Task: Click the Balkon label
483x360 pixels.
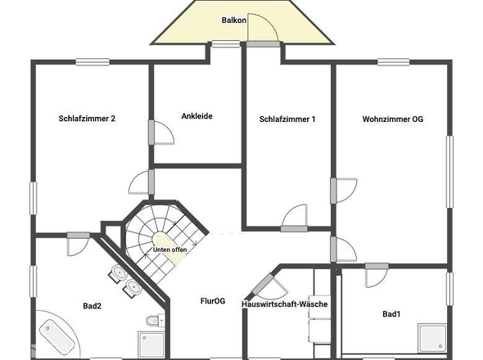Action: (234, 20)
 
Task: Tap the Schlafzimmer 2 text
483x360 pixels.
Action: (87, 119)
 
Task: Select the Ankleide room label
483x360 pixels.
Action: (196, 116)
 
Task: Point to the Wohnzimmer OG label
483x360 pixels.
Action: (393, 119)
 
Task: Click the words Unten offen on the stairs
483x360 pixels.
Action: (169, 250)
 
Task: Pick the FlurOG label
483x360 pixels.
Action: (213, 301)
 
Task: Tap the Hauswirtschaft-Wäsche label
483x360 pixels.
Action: (284, 304)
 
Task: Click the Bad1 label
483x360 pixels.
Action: (391, 314)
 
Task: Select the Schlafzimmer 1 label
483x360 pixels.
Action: (287, 119)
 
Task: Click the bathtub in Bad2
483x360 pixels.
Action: (57, 336)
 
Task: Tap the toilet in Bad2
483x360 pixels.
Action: (156, 320)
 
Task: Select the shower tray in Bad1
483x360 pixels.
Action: (432, 338)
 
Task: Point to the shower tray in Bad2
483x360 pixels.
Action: (151, 344)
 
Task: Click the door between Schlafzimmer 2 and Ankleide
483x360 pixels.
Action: (160, 133)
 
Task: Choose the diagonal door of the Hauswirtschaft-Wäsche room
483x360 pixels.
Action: (268, 286)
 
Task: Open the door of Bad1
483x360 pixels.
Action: (377, 275)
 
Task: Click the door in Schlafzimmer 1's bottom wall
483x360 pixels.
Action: (295, 218)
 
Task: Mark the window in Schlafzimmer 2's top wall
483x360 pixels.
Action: (93, 62)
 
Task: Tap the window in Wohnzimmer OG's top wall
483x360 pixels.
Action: (394, 62)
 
